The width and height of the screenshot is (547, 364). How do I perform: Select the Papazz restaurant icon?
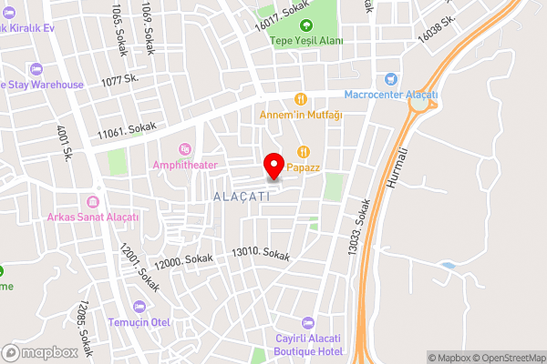point(304,153)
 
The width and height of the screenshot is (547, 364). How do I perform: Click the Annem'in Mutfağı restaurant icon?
point(299,98)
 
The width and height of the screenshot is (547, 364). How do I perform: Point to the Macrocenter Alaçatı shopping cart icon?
point(391,80)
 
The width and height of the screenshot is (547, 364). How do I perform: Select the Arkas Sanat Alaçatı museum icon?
point(92,201)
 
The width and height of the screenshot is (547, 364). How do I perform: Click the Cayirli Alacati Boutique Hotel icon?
point(307,322)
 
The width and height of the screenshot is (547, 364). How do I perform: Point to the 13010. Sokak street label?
point(261,254)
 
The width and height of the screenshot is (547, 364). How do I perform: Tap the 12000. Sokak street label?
point(183,261)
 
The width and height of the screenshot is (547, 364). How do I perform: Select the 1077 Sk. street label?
point(119,81)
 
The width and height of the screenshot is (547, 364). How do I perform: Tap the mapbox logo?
point(40,352)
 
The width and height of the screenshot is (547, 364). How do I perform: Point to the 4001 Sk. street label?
point(65,144)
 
